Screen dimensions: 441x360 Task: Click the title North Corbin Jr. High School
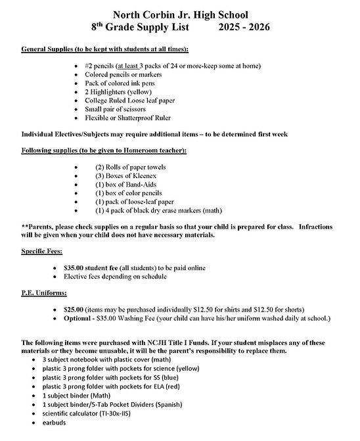(x=181, y=14)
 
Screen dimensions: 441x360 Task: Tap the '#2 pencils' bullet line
(x=172, y=66)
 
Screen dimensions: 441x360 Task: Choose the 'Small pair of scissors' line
(x=125, y=109)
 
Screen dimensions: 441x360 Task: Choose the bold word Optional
(x=78, y=319)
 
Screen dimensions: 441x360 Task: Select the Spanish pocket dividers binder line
(x=108, y=404)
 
